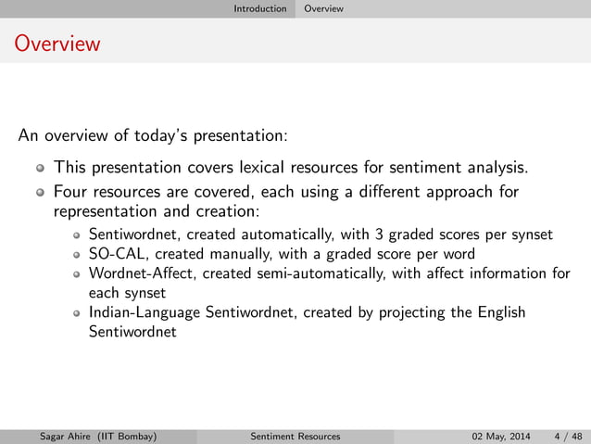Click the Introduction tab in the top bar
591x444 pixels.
(x=259, y=8)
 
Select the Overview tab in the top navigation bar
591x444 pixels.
(x=324, y=8)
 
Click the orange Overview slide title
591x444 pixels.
(x=57, y=44)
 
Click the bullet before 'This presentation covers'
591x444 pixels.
(x=39, y=169)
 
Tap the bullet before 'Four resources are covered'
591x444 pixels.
(x=39, y=194)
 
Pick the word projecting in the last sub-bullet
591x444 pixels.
(x=412, y=312)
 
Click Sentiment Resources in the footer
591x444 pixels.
(x=295, y=436)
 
